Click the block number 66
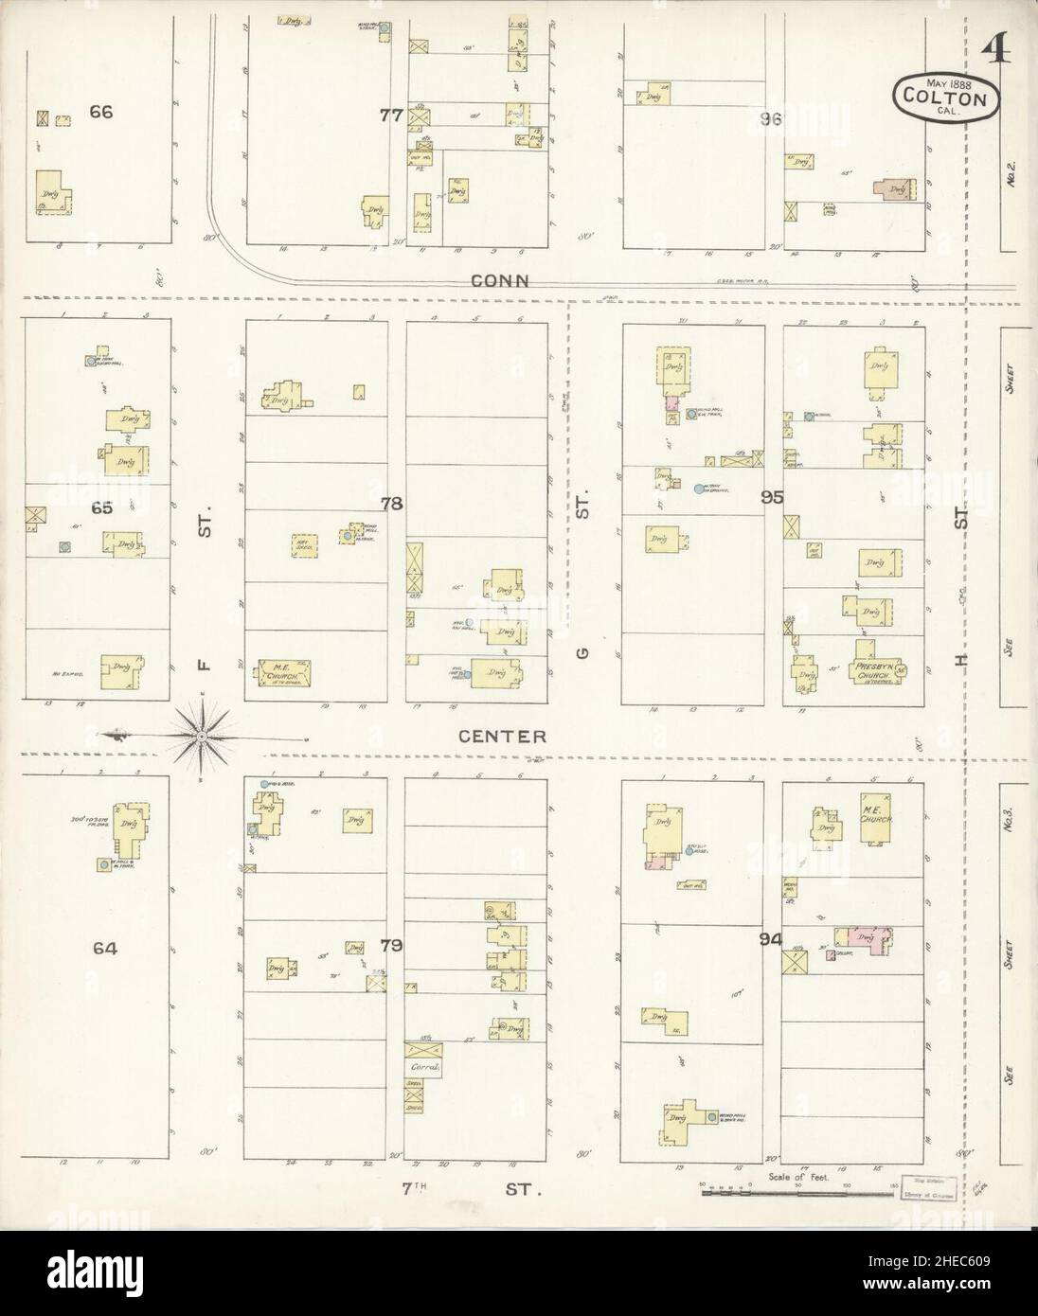tap(100, 112)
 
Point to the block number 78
tap(391, 504)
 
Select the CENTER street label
tap(502, 736)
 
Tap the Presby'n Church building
tap(876, 662)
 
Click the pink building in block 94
tap(865, 937)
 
